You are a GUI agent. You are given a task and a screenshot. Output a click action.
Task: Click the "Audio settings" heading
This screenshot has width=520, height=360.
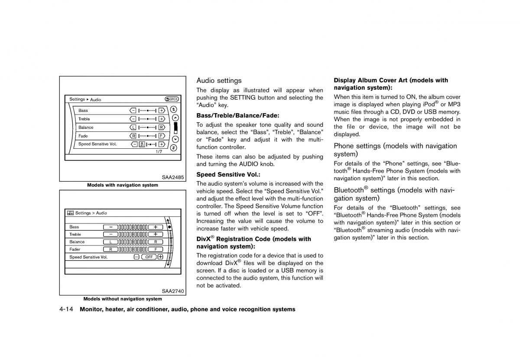[219, 81]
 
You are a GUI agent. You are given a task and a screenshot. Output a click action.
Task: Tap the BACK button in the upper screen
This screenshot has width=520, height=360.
[172, 99]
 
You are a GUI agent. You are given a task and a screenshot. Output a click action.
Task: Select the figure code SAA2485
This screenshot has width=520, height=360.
[173, 177]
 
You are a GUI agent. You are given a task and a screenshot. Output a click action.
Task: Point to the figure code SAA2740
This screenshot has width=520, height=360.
[173, 291]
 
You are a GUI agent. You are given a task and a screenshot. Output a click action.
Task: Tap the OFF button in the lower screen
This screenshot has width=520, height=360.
[149, 257]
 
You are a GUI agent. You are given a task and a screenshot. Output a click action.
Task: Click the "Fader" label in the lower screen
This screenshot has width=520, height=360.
[75, 249]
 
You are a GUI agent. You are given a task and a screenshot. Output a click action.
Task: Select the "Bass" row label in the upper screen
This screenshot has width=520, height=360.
[83, 111]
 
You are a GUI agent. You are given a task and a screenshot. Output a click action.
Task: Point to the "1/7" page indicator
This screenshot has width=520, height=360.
[159, 152]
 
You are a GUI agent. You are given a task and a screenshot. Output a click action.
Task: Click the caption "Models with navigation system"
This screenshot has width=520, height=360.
[123, 185]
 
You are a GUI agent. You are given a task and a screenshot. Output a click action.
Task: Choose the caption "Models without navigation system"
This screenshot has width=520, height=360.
[123, 299]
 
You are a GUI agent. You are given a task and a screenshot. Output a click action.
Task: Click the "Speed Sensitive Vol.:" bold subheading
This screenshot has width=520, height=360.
[228, 175]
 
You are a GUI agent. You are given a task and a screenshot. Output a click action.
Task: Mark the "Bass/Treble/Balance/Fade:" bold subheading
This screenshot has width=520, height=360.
[238, 115]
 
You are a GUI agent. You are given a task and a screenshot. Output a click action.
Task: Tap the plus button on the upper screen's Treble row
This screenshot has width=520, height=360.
[161, 119]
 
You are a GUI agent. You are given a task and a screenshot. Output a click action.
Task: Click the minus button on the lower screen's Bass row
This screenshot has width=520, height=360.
[110, 227]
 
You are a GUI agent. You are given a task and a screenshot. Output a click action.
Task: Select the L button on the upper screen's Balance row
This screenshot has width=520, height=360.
[133, 128]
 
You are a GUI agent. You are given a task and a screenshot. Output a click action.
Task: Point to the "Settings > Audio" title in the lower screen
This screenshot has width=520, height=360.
[91, 213]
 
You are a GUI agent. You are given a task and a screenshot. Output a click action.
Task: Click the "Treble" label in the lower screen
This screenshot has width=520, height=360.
[75, 234]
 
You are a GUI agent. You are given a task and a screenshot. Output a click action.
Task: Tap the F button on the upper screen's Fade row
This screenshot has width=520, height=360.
[161, 136]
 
